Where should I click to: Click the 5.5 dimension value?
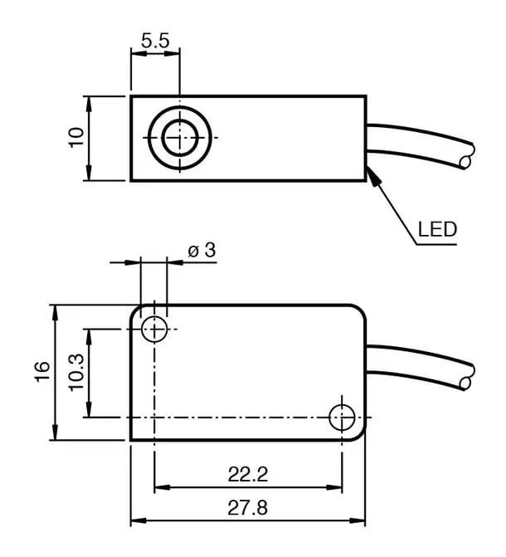coord(154,40)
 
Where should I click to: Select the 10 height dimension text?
coord(76,138)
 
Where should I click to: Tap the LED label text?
coord(437,229)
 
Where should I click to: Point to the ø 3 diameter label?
coord(201,249)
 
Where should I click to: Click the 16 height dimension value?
coord(41,372)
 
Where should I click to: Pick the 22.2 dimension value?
coord(248,475)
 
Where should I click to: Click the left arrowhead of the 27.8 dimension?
coord(136,521)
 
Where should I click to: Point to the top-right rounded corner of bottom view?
coord(360,310)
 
